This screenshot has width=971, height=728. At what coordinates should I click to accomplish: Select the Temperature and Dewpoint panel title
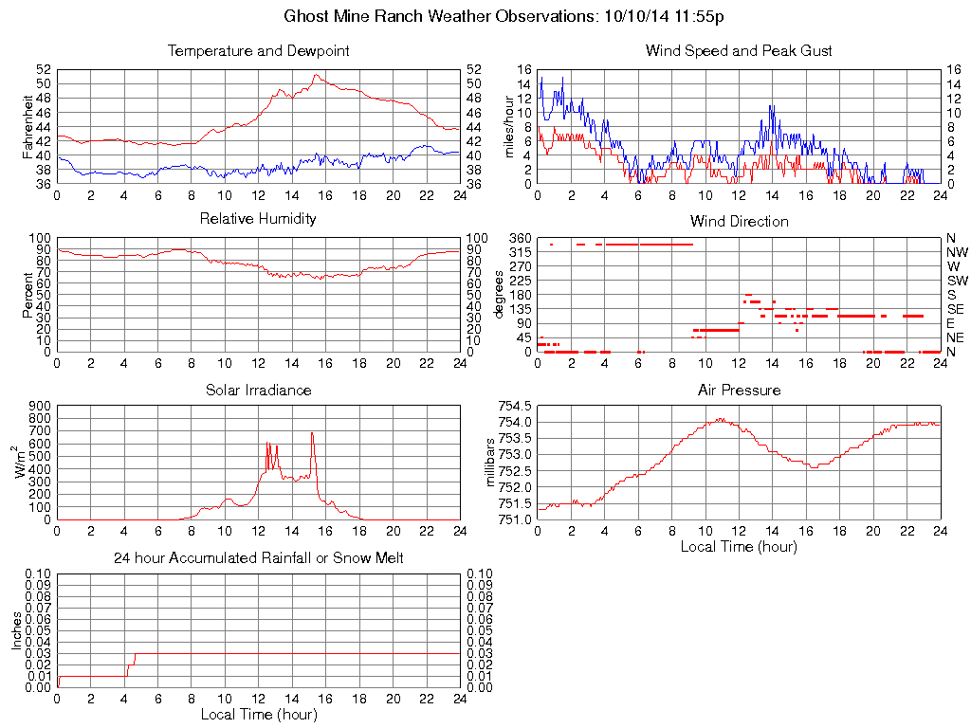click(x=258, y=51)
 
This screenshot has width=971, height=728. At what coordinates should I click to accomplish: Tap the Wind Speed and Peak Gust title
click(x=739, y=51)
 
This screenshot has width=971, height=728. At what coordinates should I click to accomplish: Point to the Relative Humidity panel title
click(x=258, y=219)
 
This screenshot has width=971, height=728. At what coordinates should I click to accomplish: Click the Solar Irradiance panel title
click(x=258, y=390)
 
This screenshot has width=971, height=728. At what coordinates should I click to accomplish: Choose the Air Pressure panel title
click(x=739, y=390)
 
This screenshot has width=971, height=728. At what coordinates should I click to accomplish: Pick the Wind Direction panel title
click(x=739, y=221)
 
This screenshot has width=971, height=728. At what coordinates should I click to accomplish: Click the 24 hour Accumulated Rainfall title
click(x=258, y=558)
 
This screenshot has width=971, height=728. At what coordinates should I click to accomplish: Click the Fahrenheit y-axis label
click(x=27, y=126)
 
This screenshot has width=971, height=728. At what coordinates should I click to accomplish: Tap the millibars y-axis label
click(x=490, y=462)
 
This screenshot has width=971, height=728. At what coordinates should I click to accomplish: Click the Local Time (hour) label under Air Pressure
click(x=739, y=547)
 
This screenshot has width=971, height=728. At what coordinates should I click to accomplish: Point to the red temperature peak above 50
click(x=317, y=75)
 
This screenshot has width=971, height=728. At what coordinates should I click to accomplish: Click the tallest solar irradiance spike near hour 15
click(x=312, y=433)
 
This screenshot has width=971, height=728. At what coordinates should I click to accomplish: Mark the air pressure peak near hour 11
click(x=721, y=418)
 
